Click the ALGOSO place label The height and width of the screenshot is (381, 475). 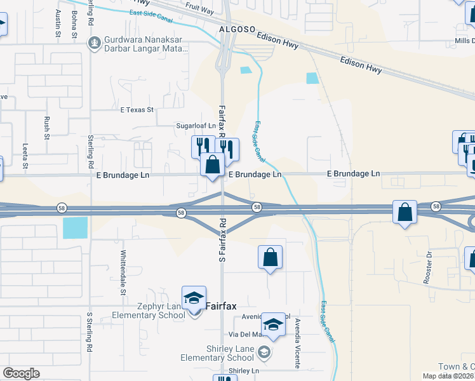click(237, 29)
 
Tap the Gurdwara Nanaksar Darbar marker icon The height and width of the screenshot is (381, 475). click(94, 43)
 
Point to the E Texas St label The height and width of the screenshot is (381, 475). click(137, 110)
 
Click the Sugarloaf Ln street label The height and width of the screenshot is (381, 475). click(196, 126)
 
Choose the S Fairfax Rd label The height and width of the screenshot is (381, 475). click(223, 241)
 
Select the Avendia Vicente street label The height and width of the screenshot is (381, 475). click(297, 344)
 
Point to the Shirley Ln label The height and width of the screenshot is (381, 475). click(244, 371)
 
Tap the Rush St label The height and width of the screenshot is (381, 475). click(47, 128)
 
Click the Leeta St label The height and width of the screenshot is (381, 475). click(25, 156)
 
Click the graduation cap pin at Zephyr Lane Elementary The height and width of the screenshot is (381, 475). click(194, 297)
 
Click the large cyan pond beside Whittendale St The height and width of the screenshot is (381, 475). click(76, 227)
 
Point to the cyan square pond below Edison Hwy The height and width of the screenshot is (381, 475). click(312, 78)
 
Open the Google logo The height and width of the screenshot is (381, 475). click(22, 373)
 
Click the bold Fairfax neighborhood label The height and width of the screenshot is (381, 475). click(221, 306)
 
